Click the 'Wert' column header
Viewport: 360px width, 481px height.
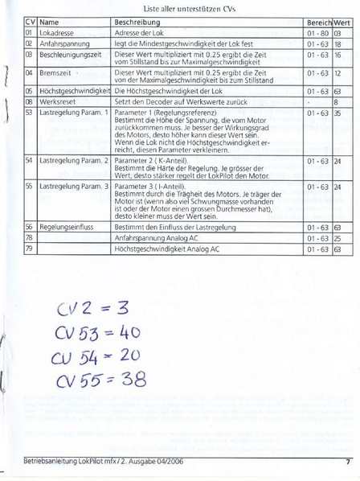point(342,22)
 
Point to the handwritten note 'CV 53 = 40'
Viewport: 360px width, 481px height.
point(98,331)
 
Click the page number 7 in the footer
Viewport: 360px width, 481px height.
point(347,462)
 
